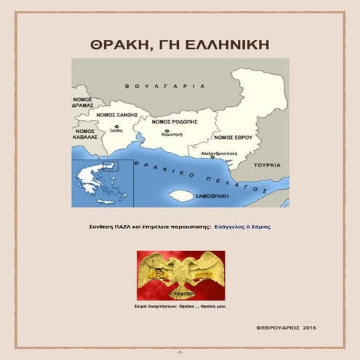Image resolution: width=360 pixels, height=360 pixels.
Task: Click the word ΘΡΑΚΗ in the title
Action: (x=117, y=44)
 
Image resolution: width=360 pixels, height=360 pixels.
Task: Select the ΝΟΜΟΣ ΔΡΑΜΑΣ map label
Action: (x=83, y=101)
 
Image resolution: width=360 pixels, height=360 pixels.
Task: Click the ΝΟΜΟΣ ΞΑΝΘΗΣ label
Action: (x=116, y=113)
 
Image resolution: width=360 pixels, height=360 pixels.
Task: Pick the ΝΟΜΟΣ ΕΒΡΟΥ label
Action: (x=233, y=137)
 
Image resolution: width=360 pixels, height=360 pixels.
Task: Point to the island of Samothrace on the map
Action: (x=180, y=196)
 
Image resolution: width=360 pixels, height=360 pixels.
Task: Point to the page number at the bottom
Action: (x=180, y=352)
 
